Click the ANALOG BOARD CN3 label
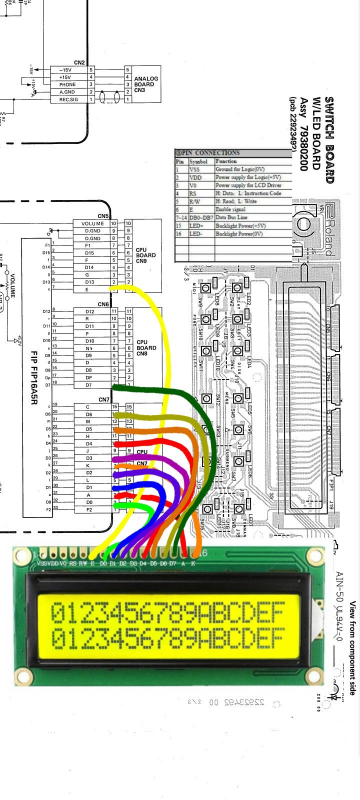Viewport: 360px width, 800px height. (145, 84)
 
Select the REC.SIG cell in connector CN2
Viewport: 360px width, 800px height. (68, 99)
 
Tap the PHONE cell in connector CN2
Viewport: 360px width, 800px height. (67, 84)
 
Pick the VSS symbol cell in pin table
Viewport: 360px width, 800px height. (194, 169)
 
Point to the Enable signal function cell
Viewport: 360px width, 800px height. (230, 209)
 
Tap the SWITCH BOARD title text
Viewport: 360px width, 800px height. (329, 140)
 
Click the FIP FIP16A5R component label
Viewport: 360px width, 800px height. (34, 370)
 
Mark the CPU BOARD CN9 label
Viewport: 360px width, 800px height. (145, 255)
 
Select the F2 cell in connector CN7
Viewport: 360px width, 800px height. (89, 509)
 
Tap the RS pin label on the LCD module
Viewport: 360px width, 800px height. (73, 563)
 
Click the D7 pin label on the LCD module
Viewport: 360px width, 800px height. (172, 563)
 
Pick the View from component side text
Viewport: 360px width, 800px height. (352, 648)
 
